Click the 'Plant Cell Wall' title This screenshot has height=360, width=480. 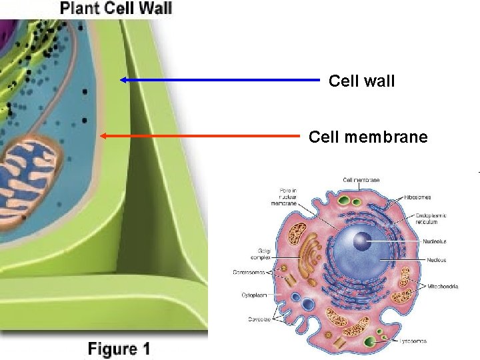click(x=116, y=9)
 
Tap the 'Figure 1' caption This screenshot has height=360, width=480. click(x=119, y=349)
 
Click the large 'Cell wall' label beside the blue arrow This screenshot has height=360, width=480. click(x=361, y=81)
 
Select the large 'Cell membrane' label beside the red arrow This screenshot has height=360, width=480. click(x=368, y=137)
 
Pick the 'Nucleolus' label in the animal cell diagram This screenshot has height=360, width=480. click(x=434, y=241)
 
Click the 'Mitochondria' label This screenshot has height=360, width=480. click(x=443, y=286)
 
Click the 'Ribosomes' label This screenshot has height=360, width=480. click(x=417, y=197)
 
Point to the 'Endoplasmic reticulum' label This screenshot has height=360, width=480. click(x=431, y=219)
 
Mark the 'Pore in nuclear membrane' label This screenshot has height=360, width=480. click(x=289, y=198)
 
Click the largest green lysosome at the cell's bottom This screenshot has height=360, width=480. click(x=370, y=342)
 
